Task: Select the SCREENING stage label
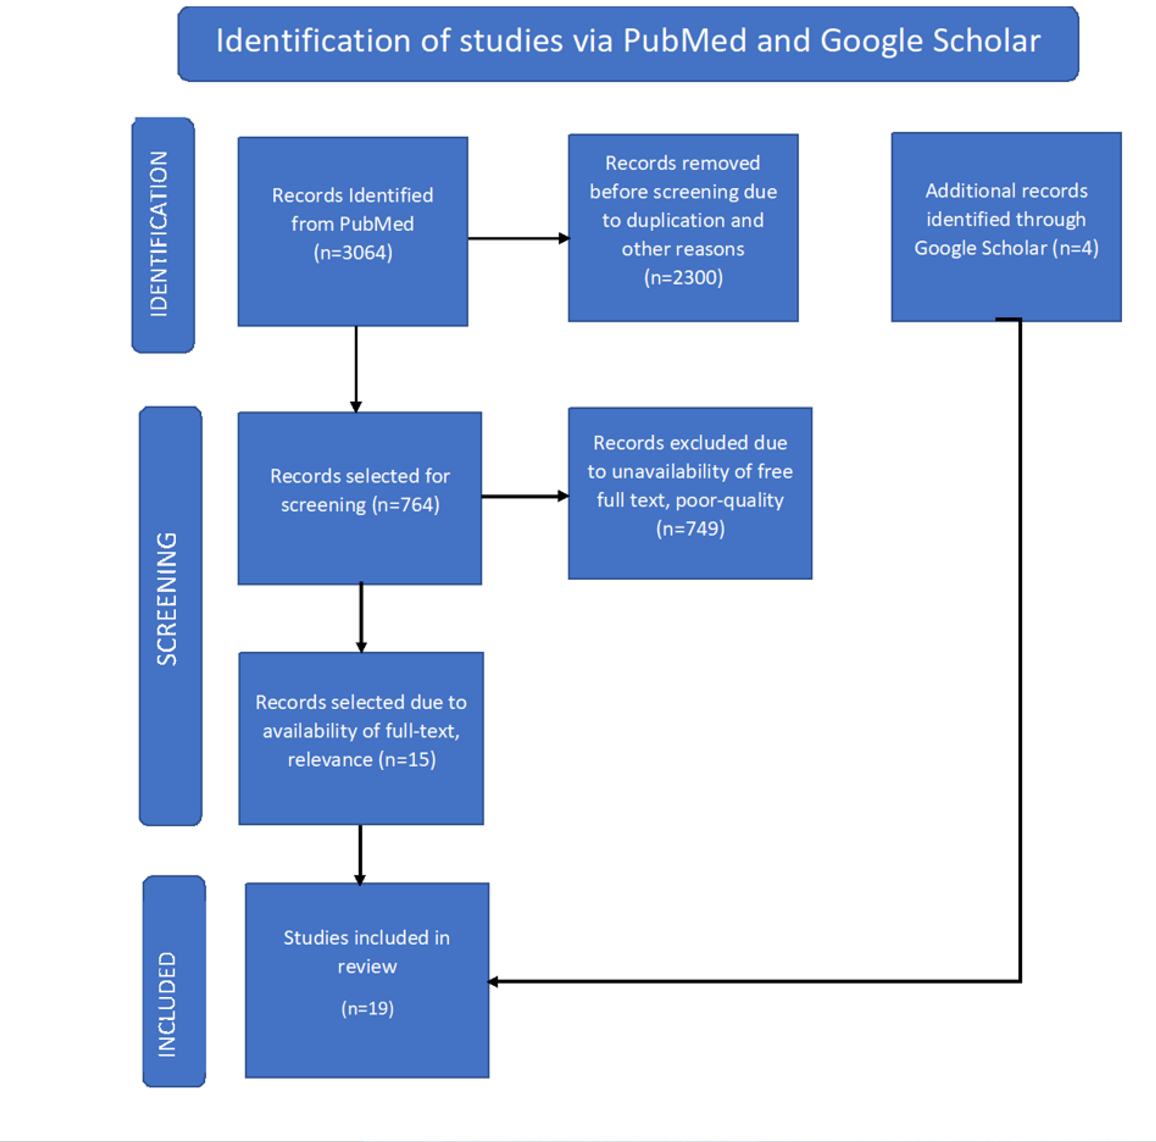click(x=167, y=598)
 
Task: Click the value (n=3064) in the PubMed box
click(x=353, y=253)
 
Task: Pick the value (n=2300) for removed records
click(x=683, y=278)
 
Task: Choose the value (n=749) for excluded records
click(x=691, y=529)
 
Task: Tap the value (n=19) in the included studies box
click(x=367, y=1009)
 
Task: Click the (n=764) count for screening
click(x=406, y=505)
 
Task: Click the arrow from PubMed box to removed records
click(x=519, y=238)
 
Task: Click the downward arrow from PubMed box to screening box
click(x=356, y=369)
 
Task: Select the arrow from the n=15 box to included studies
click(x=360, y=855)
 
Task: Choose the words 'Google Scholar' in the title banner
click(x=931, y=41)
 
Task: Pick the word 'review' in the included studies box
click(x=367, y=967)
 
